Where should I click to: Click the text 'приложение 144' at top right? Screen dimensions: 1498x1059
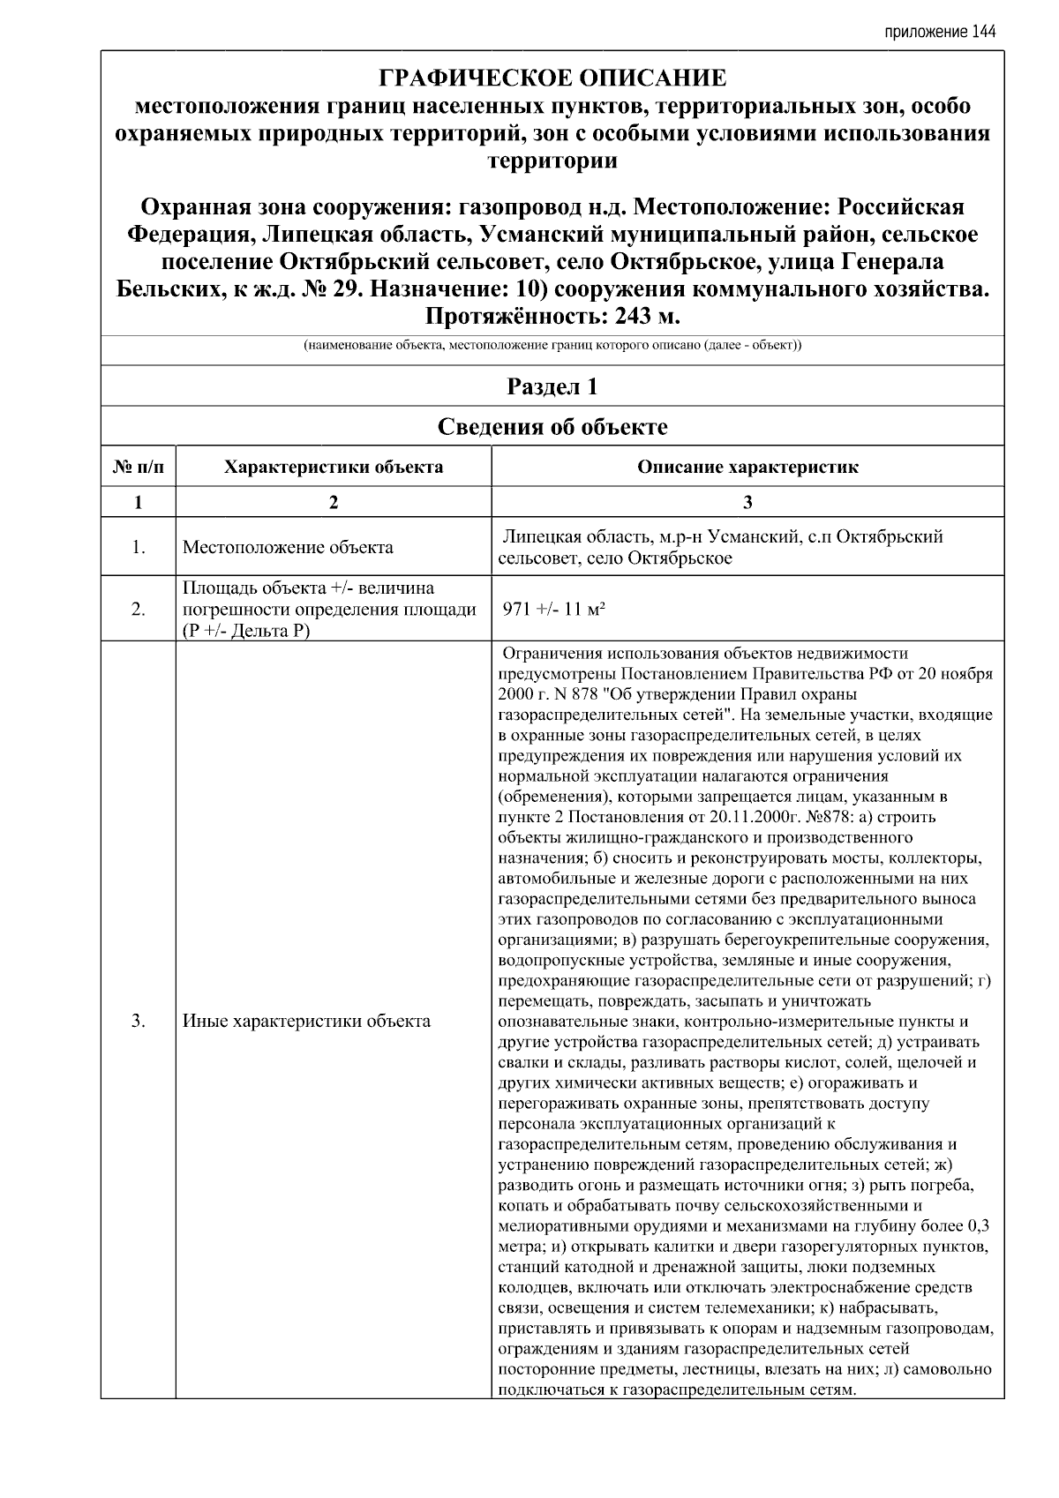(x=939, y=33)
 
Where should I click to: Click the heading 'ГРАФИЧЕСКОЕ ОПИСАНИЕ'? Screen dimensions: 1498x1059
(x=552, y=79)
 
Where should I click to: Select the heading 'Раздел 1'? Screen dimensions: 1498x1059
(x=552, y=386)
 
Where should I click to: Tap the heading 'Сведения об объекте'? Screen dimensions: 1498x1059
(x=552, y=427)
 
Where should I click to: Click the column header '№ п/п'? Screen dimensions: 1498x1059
(x=138, y=467)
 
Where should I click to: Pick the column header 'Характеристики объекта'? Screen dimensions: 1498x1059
(x=333, y=467)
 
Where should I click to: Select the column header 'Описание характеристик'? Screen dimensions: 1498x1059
(x=747, y=467)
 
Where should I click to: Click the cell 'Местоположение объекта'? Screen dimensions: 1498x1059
(x=288, y=547)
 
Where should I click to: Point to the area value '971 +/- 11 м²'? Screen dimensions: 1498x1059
(x=553, y=609)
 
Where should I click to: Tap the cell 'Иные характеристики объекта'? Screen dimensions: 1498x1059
(x=306, y=1022)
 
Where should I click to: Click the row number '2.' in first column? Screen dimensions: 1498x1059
(x=138, y=609)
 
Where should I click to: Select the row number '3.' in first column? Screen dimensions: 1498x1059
(x=138, y=1022)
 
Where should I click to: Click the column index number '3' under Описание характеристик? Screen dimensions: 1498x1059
(x=747, y=502)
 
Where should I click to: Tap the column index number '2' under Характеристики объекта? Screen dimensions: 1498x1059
(x=333, y=502)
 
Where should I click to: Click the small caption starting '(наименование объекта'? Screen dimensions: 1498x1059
(x=552, y=346)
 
